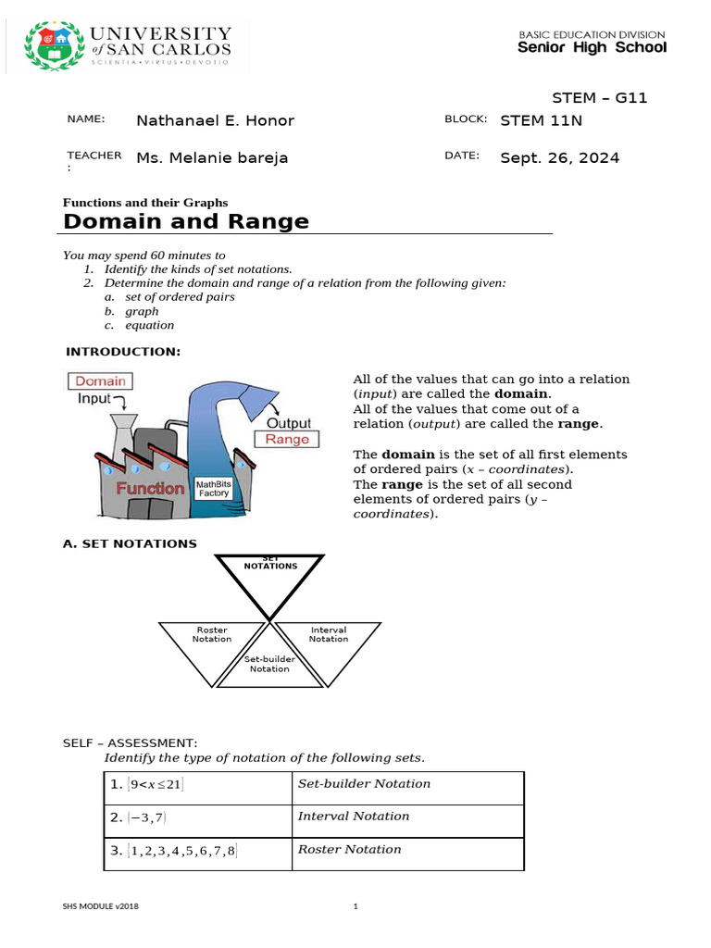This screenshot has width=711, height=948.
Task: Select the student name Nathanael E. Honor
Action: coord(215,120)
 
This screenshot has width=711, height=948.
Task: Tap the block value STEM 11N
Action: coord(541,119)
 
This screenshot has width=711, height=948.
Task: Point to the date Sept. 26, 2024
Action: coord(559,157)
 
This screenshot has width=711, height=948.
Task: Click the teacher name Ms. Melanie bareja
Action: coord(212,157)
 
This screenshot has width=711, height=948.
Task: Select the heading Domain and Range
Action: coord(185,221)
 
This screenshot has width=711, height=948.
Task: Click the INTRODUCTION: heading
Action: coord(123,352)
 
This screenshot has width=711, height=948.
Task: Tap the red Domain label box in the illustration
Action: coord(100,380)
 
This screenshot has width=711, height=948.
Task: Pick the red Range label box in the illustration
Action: coord(287,439)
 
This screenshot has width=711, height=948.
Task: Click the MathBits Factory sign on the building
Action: coord(213,489)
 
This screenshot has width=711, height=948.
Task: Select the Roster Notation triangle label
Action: coord(212,634)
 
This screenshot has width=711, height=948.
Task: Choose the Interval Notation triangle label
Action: coord(329,634)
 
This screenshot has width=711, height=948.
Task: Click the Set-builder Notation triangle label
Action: coord(269,664)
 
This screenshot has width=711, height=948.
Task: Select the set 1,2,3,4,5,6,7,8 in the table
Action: coord(183,851)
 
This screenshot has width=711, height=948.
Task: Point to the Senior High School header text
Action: coord(592,47)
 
